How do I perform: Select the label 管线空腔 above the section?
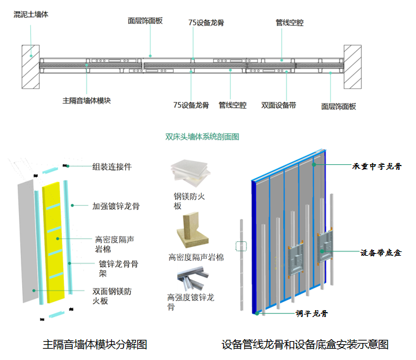(x=289, y=23)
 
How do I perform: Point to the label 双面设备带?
(x=279, y=105)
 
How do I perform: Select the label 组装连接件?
(x=112, y=167)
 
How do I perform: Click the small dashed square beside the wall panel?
(x=240, y=246)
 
